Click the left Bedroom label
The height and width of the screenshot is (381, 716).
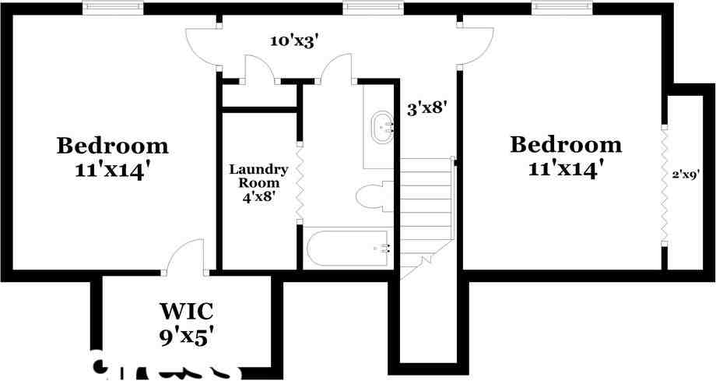[113, 146]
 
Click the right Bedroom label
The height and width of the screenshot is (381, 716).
[566, 145]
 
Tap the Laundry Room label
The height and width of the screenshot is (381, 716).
[259, 176]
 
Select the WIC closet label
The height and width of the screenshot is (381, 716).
[186, 312]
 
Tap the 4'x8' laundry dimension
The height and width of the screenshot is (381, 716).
[259, 197]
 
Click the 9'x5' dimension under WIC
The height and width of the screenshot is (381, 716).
[186, 337]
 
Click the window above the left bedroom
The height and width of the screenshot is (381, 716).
[113, 8]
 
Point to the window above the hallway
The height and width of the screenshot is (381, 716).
[374, 8]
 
